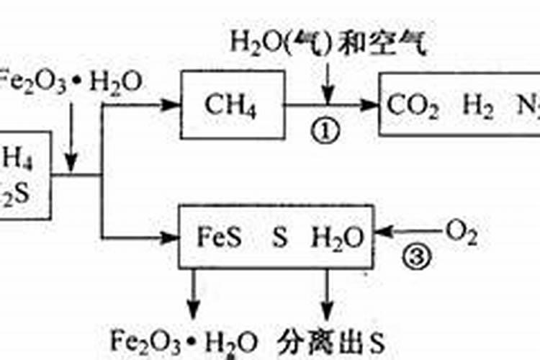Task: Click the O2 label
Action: coord(462,232)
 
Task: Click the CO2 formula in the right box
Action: coord(412,107)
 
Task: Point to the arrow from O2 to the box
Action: coord(410,233)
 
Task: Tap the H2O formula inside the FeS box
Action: coord(337,237)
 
